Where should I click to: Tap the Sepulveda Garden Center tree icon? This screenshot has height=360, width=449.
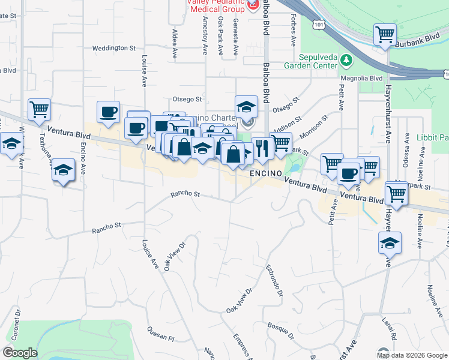coord(346,60)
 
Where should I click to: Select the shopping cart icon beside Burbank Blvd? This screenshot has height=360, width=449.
coord(384,34)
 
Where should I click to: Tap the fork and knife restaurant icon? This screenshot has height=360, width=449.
coord(262,148)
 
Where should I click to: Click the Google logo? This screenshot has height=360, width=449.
coord(20,353)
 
